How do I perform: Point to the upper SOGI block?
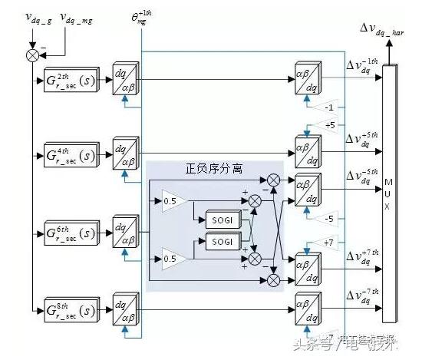(223, 220)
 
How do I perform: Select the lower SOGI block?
(223, 242)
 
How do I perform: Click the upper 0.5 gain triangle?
(171, 201)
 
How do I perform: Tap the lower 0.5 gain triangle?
(171, 259)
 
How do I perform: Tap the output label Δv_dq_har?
(387, 30)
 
